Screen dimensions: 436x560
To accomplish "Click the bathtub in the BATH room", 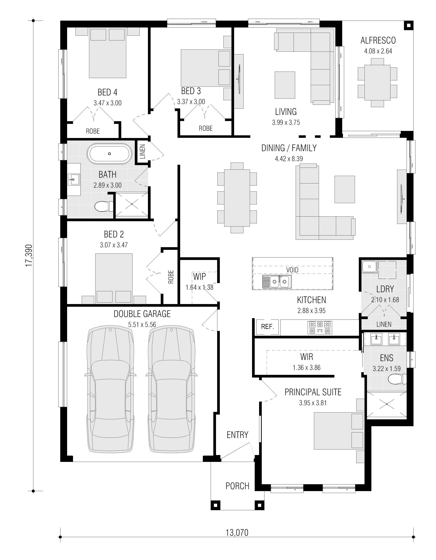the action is click(109, 154).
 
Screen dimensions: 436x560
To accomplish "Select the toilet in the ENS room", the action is click(397, 379).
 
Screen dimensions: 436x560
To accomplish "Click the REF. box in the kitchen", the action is click(267, 327).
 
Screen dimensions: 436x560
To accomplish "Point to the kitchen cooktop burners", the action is click(320, 328).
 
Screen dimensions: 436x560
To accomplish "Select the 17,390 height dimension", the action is click(29, 255).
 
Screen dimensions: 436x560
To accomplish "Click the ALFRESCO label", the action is click(378, 40).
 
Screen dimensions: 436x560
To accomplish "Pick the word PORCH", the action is click(237, 486).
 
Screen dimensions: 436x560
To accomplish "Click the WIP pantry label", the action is click(199, 277).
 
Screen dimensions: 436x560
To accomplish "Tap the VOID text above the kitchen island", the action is click(292, 270).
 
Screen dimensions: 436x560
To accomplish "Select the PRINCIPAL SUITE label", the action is click(313, 392).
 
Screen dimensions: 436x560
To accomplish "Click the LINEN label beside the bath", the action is click(143, 151).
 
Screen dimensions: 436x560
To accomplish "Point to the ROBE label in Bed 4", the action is click(93, 131).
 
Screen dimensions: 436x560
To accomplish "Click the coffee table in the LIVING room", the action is click(285, 85).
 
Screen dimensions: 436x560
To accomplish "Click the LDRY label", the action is click(385, 289).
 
